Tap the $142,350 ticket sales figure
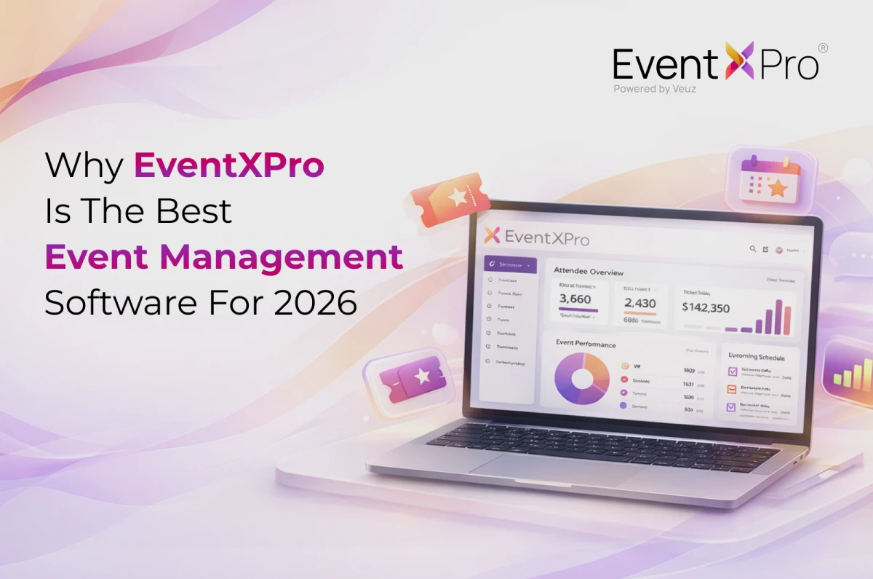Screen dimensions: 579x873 [x=706, y=307]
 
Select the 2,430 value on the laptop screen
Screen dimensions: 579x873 [x=639, y=303]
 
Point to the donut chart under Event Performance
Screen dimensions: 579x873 [x=581, y=378]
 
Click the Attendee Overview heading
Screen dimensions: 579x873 [x=589, y=272]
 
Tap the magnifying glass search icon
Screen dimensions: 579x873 [x=753, y=249]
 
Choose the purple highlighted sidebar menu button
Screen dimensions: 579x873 [x=510, y=264]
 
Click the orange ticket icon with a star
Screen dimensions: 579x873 [x=451, y=197]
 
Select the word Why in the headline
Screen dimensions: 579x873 [x=84, y=167]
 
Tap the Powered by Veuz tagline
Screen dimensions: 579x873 [x=655, y=89]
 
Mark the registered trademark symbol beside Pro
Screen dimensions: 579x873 [x=823, y=48]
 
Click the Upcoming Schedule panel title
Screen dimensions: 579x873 [x=757, y=357]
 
